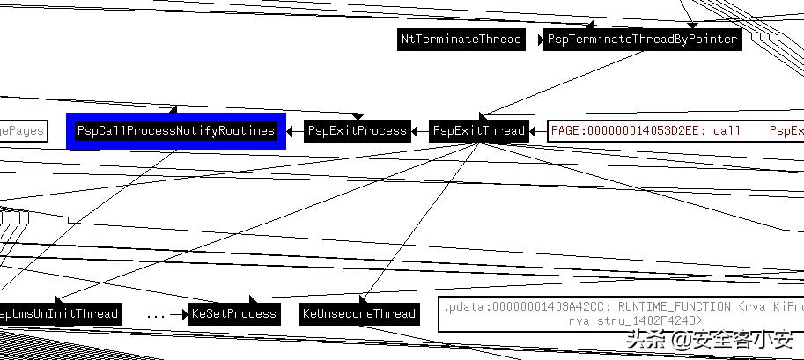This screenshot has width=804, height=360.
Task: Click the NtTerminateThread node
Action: (461, 40)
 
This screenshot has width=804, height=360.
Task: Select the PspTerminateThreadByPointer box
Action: (642, 40)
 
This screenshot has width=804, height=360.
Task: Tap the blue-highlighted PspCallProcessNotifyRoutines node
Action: (176, 131)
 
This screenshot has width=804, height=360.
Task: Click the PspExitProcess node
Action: (358, 131)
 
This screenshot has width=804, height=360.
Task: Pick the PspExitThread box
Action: (479, 131)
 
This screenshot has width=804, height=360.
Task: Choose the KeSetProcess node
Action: (234, 313)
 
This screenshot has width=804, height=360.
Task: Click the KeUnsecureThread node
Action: (358, 313)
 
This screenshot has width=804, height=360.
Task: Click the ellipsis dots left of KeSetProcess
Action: (157, 313)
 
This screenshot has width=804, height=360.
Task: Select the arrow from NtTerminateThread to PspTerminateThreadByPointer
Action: (534, 40)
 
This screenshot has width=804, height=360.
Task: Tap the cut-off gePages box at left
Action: (21, 131)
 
